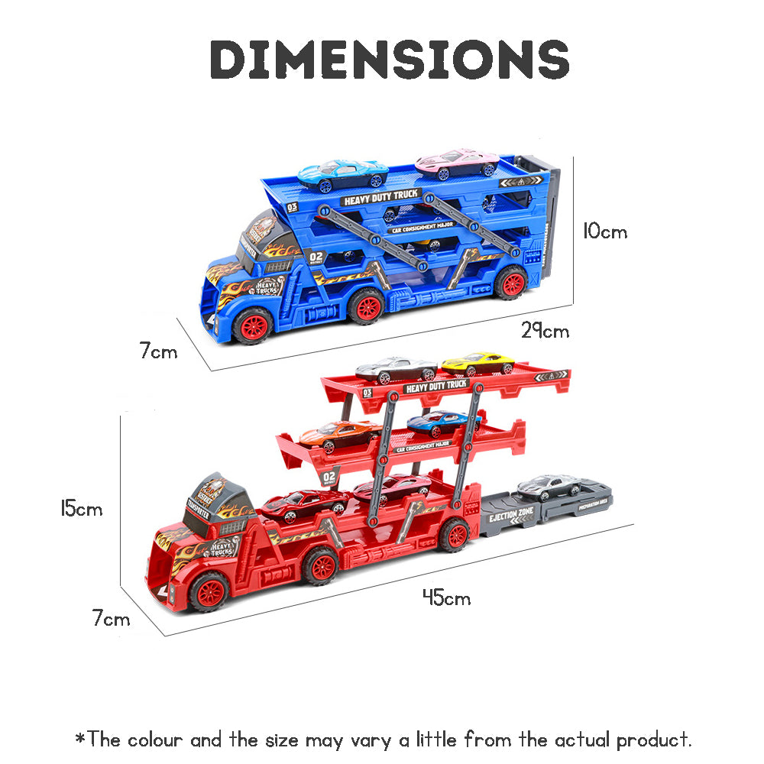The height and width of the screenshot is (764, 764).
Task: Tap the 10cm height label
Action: coord(604,231)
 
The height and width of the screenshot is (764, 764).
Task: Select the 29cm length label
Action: coord(545,332)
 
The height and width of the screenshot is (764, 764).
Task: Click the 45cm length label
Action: coord(446,598)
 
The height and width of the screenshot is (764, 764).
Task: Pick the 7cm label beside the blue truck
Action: coord(157,352)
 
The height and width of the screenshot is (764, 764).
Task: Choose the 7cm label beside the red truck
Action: coord(112,619)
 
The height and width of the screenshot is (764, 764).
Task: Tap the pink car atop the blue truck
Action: coord(457,163)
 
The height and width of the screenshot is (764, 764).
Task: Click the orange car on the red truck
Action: coord(338,435)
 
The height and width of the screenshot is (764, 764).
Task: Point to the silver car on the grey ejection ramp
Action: coord(549,487)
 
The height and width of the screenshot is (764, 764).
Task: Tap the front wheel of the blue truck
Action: coord(251,326)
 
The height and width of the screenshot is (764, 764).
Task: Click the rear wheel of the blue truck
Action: coord(510,283)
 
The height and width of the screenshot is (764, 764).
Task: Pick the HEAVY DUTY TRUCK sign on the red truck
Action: coord(435,387)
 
